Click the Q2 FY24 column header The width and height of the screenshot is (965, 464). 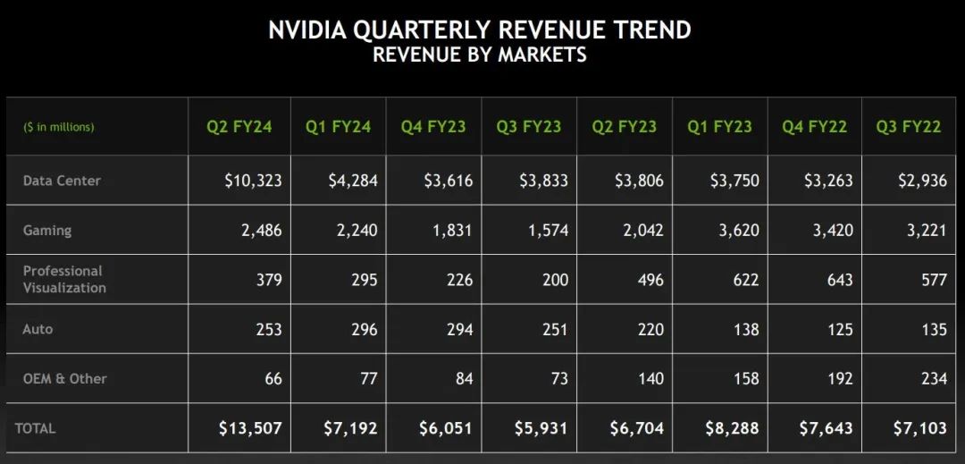pyautogui.click(x=239, y=127)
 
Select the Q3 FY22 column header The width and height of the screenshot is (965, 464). pyautogui.click(x=909, y=127)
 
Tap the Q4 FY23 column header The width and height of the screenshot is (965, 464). pyautogui.click(x=433, y=127)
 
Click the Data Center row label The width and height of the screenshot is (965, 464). pyautogui.click(x=62, y=181)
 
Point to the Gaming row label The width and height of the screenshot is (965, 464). pyautogui.click(x=47, y=231)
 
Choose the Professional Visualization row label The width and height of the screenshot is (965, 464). pyautogui.click(x=64, y=280)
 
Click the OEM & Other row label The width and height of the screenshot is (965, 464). pyautogui.click(x=64, y=378)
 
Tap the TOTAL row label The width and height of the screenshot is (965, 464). pyautogui.click(x=35, y=428)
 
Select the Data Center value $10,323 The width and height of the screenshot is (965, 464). pyautogui.click(x=253, y=181)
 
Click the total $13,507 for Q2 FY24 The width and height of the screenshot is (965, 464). pyautogui.click(x=250, y=428)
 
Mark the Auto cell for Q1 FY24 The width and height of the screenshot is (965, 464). pyautogui.click(x=365, y=329)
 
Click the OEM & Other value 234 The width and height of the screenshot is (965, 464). pyautogui.click(x=935, y=378)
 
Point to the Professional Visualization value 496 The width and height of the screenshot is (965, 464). pyautogui.click(x=651, y=280)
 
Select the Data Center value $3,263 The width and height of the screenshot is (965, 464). pyautogui.click(x=828, y=181)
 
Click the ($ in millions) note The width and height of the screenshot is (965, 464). pyautogui.click(x=59, y=127)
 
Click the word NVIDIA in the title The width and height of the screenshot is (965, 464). pyautogui.click(x=306, y=30)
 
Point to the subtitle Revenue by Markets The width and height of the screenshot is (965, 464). pyautogui.click(x=480, y=55)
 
